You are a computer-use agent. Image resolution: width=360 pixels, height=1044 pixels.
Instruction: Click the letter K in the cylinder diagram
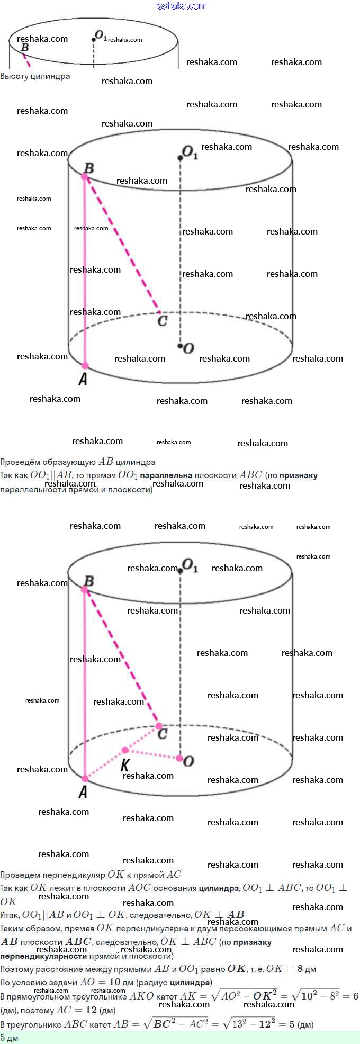coord(125,765)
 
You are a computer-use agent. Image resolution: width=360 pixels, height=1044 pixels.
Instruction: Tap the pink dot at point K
coord(125,750)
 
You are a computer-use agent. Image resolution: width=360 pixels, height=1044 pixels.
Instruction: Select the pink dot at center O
coord(179,759)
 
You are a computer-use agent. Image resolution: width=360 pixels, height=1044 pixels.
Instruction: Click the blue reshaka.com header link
coord(180,6)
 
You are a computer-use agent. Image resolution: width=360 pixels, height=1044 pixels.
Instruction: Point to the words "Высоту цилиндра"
coord(35,76)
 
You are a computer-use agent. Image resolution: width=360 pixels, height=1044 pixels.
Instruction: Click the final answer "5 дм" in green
coord(9,1038)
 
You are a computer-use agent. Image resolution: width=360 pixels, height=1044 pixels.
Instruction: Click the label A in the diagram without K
coord(83,379)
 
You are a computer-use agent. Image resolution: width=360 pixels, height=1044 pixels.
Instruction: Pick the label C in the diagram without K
coord(163,320)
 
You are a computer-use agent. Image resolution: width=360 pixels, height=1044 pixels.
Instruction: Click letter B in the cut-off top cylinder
coord(24,48)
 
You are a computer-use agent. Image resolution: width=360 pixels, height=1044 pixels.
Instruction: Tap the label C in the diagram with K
coord(163,734)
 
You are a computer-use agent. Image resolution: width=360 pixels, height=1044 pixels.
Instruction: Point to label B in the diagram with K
coord(89,581)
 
